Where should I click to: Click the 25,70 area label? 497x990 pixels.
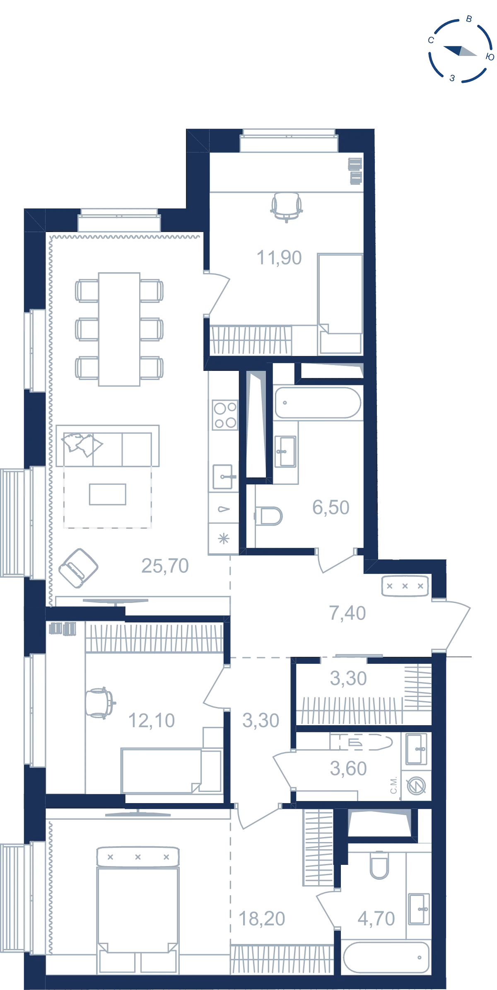(165, 566)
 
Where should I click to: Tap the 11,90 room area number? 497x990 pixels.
(279, 258)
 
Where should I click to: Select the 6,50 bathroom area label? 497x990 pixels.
(331, 507)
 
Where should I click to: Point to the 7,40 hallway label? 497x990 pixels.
(347, 613)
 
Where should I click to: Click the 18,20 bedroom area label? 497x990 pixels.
(262, 919)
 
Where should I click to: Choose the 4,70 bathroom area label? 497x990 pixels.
(376, 919)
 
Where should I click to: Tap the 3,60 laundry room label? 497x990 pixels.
(348, 769)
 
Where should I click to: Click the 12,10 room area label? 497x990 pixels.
(152, 721)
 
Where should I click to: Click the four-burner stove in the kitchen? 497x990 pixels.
(225, 415)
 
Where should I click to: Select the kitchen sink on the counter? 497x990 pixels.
(224, 477)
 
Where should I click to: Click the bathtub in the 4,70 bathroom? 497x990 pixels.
(386, 957)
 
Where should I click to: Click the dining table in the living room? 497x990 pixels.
(119, 329)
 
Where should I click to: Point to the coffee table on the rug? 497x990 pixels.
(108, 494)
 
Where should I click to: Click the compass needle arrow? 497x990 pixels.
(460, 51)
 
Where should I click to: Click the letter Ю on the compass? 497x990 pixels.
(490, 57)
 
